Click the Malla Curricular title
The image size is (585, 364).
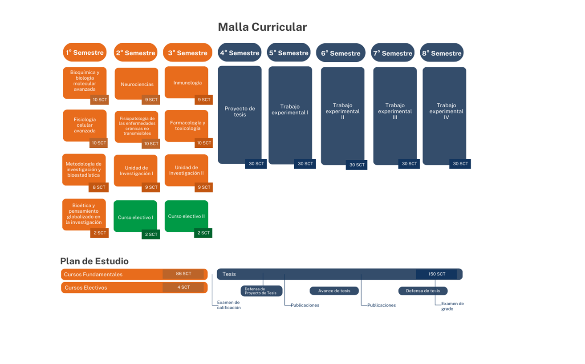tap(262, 27)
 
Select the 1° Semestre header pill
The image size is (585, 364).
tap(85, 53)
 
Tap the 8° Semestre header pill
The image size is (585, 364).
tap(442, 53)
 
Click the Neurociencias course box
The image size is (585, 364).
tap(137, 84)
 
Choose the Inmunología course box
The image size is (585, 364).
tap(187, 82)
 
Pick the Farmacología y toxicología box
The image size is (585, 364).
tap(187, 125)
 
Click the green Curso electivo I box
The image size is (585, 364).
tap(135, 217)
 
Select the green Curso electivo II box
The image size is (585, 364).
tap(186, 216)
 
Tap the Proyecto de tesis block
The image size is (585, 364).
tap(240, 112)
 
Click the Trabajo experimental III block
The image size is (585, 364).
tap(395, 112)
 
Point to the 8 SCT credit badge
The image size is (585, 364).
tap(99, 187)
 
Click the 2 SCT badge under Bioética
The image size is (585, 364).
tap(100, 233)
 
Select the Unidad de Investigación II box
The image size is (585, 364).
tap(186, 170)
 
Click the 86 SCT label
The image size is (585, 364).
tap(183, 274)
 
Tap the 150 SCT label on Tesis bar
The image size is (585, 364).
tap(436, 274)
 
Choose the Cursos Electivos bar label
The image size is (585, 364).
tap(86, 288)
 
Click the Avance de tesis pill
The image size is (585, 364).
tap(334, 291)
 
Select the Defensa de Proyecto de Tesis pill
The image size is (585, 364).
tap(261, 291)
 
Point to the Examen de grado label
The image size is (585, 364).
tap(452, 306)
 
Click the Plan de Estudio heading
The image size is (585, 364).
tap(94, 261)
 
